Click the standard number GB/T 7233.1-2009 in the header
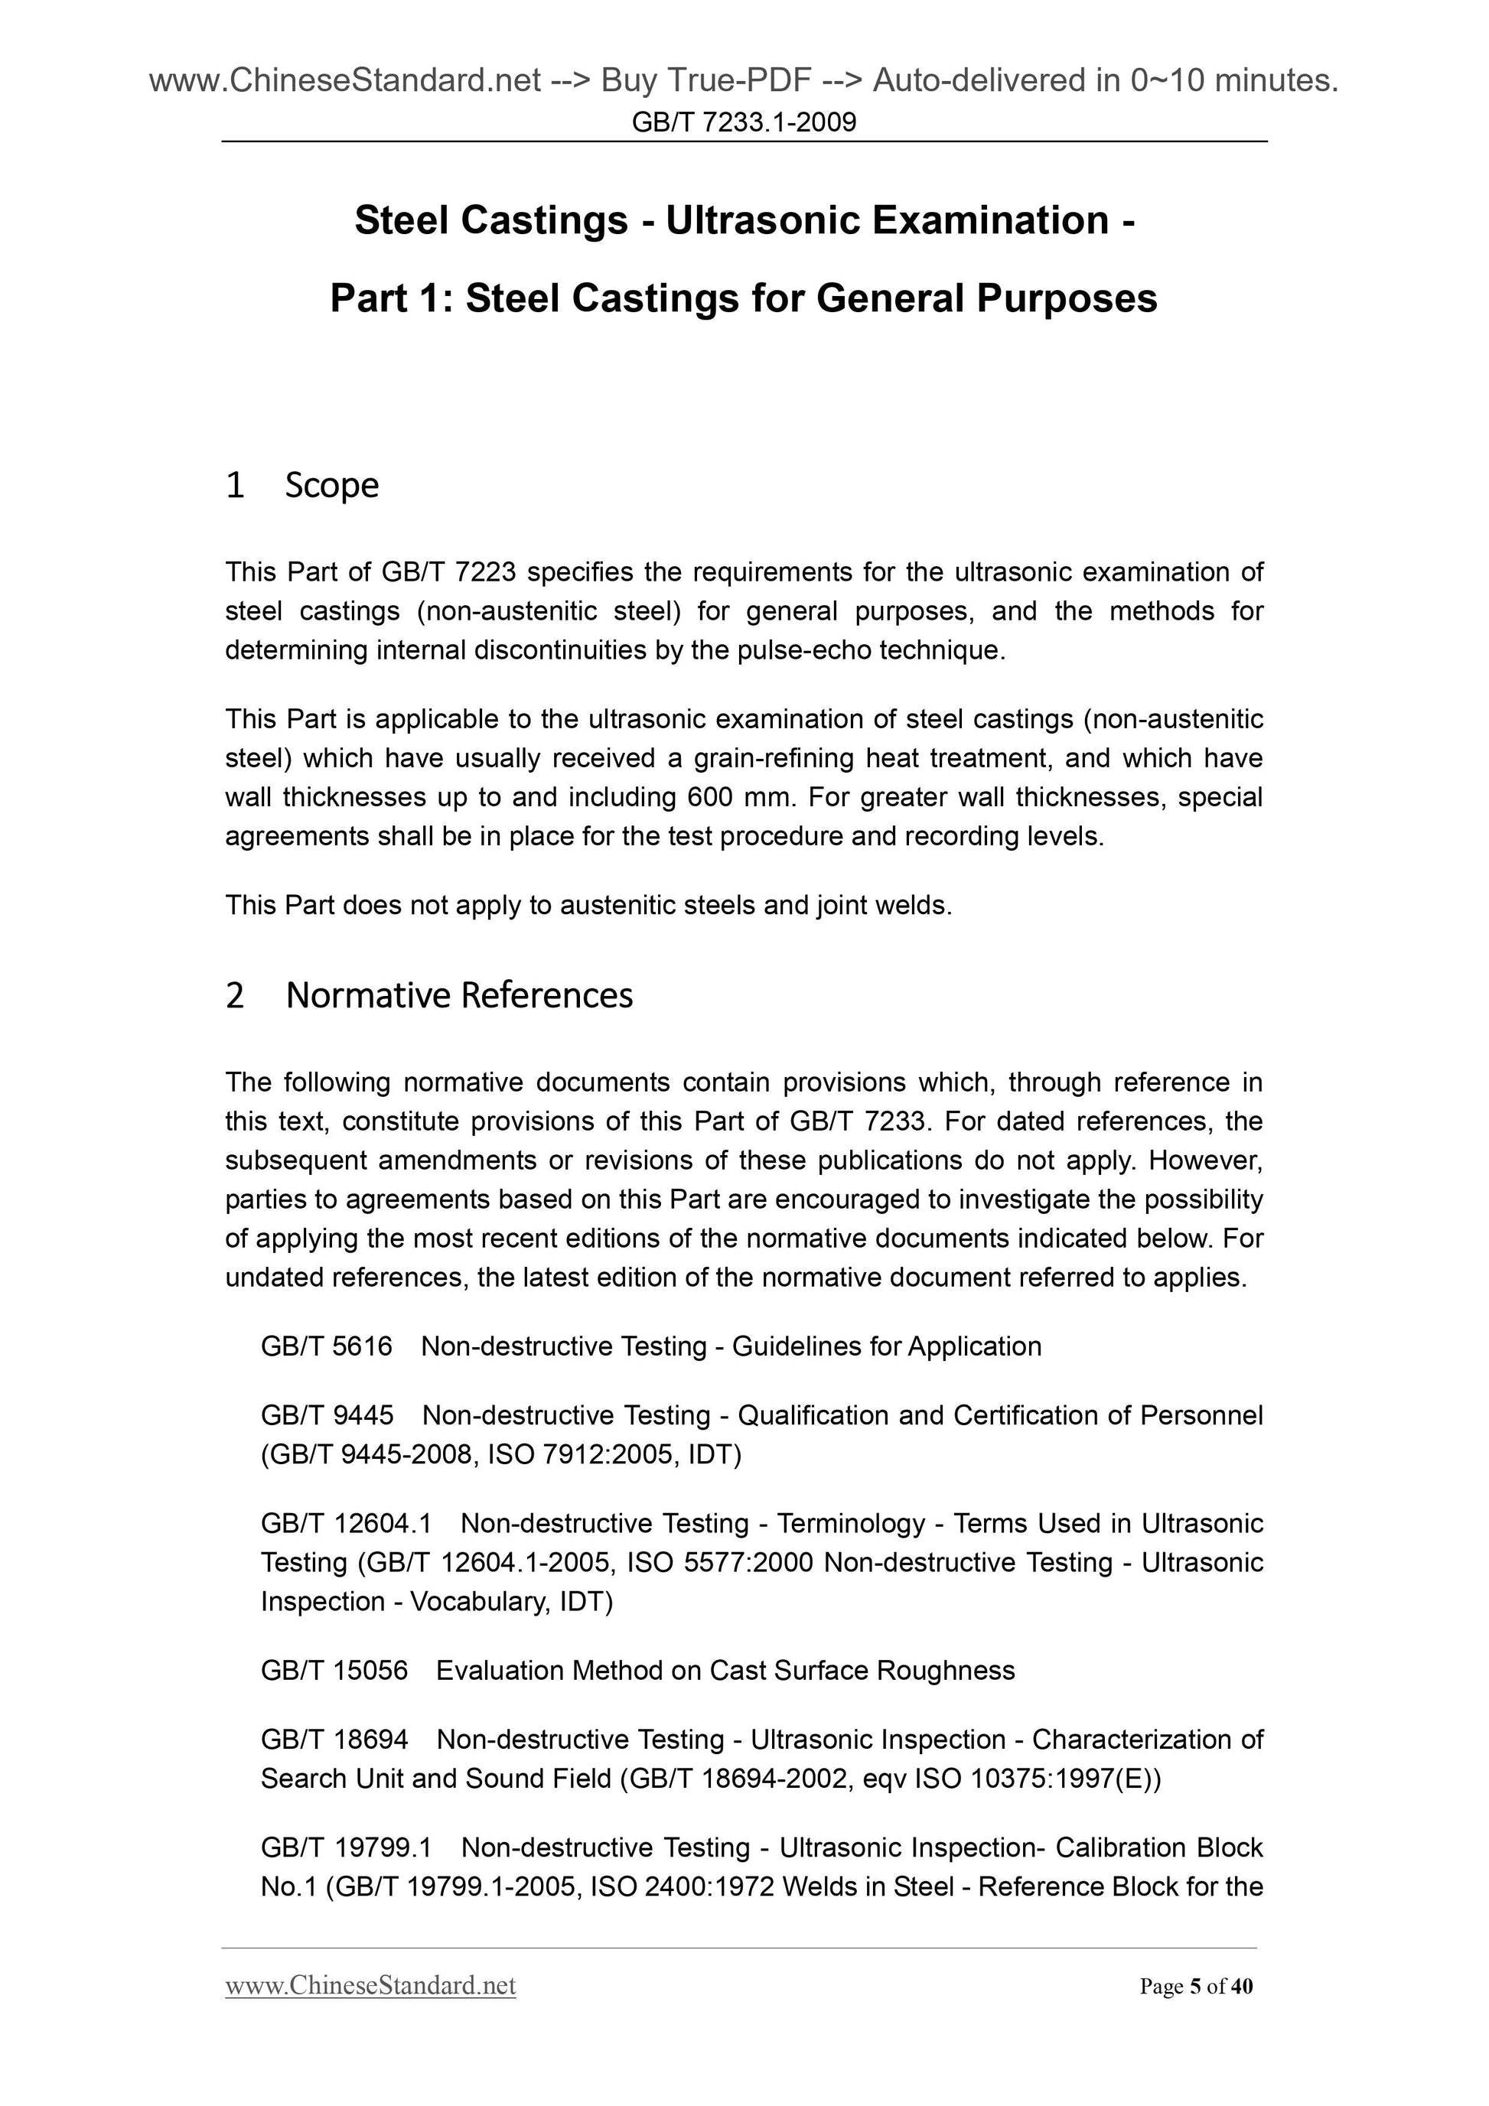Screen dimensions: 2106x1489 click(x=744, y=122)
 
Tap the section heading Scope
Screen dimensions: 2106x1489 click(x=331, y=485)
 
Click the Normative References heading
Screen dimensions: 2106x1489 click(x=459, y=995)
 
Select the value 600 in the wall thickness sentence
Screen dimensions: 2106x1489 click(x=710, y=797)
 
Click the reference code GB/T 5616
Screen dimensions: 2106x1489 click(x=327, y=1346)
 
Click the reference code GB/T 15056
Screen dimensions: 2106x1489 click(x=334, y=1670)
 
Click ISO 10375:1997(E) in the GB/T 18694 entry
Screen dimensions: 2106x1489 click(x=1038, y=1779)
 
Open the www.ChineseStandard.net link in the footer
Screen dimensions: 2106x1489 click(x=370, y=1987)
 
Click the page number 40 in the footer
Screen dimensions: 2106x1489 click(x=1241, y=1987)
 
